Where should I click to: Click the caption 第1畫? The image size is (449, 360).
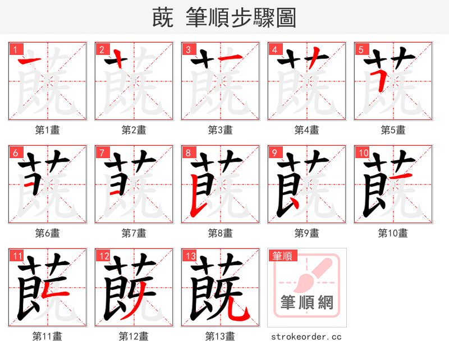coord(47,130)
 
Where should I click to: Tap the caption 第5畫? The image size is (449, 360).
coord(393,130)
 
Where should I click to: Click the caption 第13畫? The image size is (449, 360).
coord(220,336)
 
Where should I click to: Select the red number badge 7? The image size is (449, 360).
coord(101,153)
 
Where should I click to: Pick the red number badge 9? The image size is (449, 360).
coord(274,153)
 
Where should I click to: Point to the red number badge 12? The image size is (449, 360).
coord(103,256)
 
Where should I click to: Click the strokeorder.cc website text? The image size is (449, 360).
coord(306,337)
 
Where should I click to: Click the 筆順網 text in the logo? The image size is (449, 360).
coord(307,303)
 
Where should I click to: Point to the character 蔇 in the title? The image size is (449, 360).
coord(162,17)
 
